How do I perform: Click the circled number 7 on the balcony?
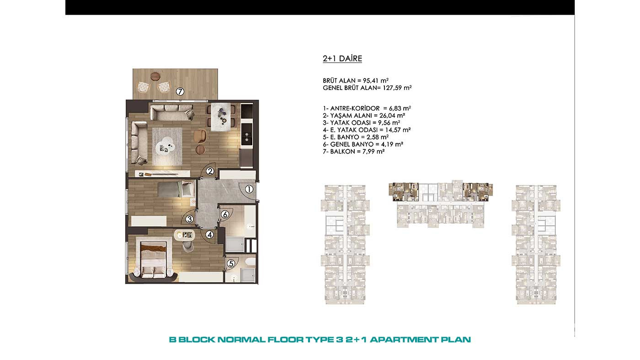pyautogui.click(x=180, y=92)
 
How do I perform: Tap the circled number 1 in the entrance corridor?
pyautogui.click(x=249, y=189)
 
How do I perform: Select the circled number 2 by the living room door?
pyautogui.click(x=210, y=171)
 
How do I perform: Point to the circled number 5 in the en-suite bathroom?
pyautogui.click(x=231, y=263)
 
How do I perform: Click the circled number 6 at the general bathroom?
pyautogui.click(x=225, y=214)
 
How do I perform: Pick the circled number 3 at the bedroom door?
pyautogui.click(x=189, y=219)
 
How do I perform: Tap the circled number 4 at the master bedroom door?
pyautogui.click(x=210, y=235)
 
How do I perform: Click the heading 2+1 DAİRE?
pyautogui.click(x=342, y=58)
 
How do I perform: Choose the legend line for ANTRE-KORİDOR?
pyautogui.click(x=367, y=108)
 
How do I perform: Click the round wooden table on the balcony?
pyautogui.click(x=155, y=76)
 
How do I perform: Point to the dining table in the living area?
pyautogui.click(x=220, y=116)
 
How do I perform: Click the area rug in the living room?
pyautogui.click(x=167, y=146)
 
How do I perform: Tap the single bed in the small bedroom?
pyautogui.click(x=176, y=189)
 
